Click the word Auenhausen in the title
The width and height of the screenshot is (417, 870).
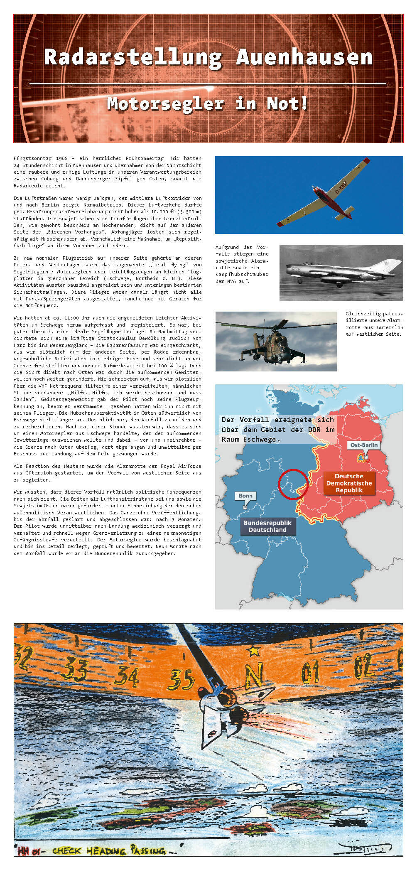pyautogui.click(x=304, y=57)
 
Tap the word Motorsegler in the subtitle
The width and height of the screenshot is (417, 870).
pyautogui.click(x=165, y=104)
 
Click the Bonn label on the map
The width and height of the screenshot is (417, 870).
pyautogui.click(x=245, y=496)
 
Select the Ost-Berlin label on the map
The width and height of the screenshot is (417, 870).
pyautogui.click(x=364, y=445)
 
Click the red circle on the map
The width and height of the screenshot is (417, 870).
pyautogui.click(x=293, y=484)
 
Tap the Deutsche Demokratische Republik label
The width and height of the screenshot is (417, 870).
pyautogui.click(x=349, y=483)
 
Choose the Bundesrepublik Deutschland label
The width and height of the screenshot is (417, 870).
pyautogui.click(x=267, y=526)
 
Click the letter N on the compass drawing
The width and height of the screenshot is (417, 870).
pyautogui.click(x=254, y=676)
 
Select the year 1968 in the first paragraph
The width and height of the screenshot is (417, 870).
pyautogui.click(x=61, y=158)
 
